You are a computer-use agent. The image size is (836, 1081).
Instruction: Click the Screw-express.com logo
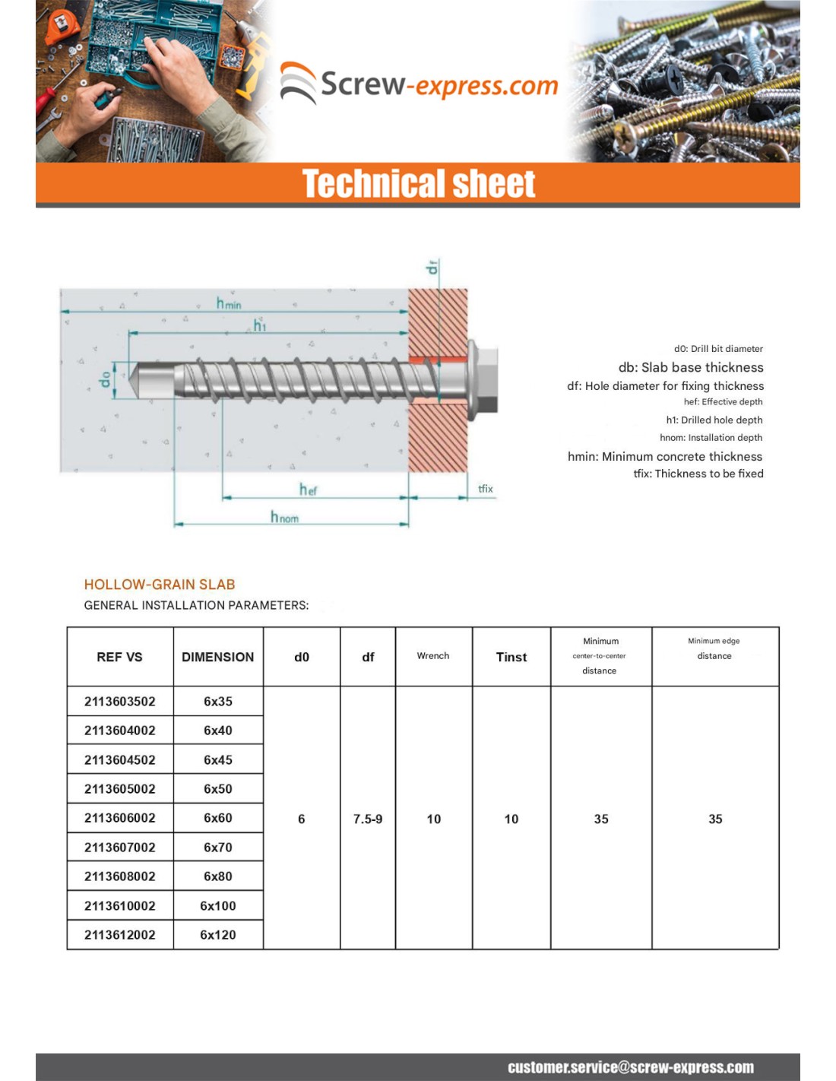[x=419, y=84]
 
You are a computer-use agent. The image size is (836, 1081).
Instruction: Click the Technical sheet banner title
[x=418, y=184]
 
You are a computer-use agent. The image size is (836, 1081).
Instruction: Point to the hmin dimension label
[x=228, y=303]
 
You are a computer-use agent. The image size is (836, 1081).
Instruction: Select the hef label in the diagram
[x=308, y=490]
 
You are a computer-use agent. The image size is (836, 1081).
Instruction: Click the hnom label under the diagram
[x=284, y=518]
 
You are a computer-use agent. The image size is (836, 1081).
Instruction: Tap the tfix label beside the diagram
[x=485, y=489]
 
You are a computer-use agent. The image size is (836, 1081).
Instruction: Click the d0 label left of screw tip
[x=106, y=378]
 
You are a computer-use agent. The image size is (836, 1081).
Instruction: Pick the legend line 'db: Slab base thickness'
[x=690, y=367]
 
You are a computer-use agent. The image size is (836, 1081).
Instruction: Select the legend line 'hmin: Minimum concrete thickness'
[x=664, y=456]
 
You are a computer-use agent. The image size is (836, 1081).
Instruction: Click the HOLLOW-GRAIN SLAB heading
[x=160, y=585]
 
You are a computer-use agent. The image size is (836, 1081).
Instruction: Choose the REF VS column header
[x=119, y=657]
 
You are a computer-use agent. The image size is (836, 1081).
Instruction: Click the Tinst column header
[x=511, y=657]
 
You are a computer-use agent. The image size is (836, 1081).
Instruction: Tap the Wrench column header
[x=433, y=656]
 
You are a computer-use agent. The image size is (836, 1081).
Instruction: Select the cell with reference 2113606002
[x=119, y=818]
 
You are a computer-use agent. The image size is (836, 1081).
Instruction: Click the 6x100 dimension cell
[x=217, y=905]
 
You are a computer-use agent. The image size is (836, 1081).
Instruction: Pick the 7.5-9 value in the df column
[x=368, y=819]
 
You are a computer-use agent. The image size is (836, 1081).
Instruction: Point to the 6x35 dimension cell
[x=217, y=701]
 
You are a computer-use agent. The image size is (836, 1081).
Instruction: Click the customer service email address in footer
[x=630, y=1067]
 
